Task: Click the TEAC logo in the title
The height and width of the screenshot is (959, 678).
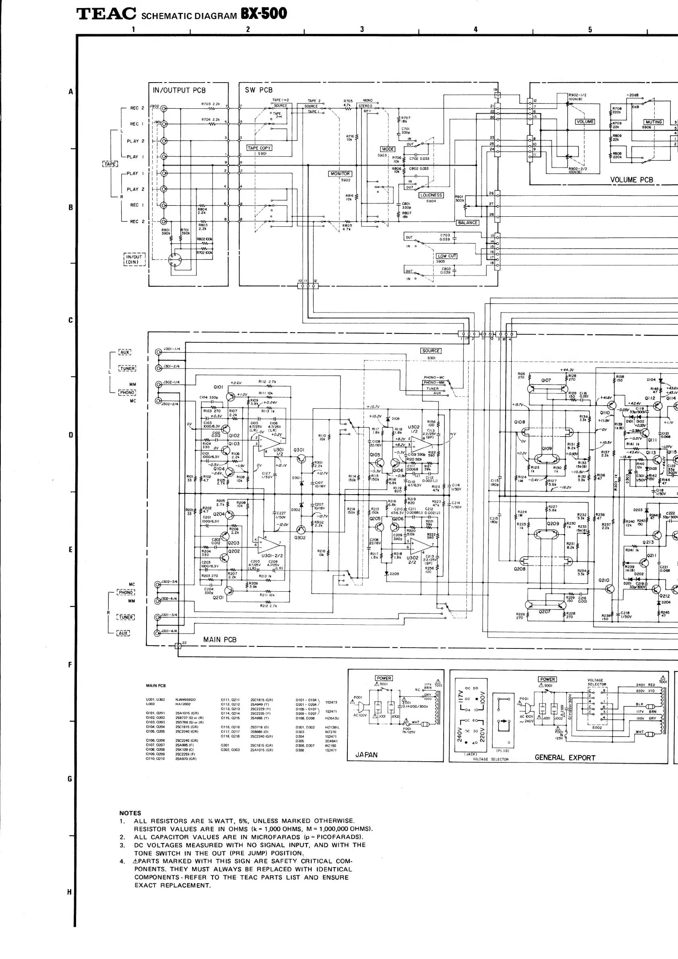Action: click(106, 14)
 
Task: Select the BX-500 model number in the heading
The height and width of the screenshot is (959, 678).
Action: click(263, 14)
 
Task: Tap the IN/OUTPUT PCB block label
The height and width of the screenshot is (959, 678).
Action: click(179, 90)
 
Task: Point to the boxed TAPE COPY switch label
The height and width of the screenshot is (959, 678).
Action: click(259, 148)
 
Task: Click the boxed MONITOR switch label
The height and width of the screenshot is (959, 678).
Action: click(340, 174)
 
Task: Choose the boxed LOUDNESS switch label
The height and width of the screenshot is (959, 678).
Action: click(431, 195)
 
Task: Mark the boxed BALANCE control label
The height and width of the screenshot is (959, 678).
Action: click(467, 223)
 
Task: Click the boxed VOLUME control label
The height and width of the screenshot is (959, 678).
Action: click(585, 122)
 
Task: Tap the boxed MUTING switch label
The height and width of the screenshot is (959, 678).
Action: click(653, 122)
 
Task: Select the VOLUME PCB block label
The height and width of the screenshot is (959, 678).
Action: click(631, 180)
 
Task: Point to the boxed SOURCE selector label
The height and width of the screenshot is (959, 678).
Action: click(431, 351)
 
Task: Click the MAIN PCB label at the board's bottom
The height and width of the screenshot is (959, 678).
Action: click(219, 640)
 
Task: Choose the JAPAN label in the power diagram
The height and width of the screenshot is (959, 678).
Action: click(366, 755)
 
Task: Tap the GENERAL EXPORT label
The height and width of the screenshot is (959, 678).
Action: click(564, 757)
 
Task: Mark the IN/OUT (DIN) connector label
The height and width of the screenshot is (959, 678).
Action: click(134, 259)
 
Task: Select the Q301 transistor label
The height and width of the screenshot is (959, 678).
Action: click(299, 450)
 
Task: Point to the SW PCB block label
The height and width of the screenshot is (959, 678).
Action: click(258, 90)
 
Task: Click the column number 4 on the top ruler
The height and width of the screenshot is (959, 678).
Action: click(475, 29)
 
